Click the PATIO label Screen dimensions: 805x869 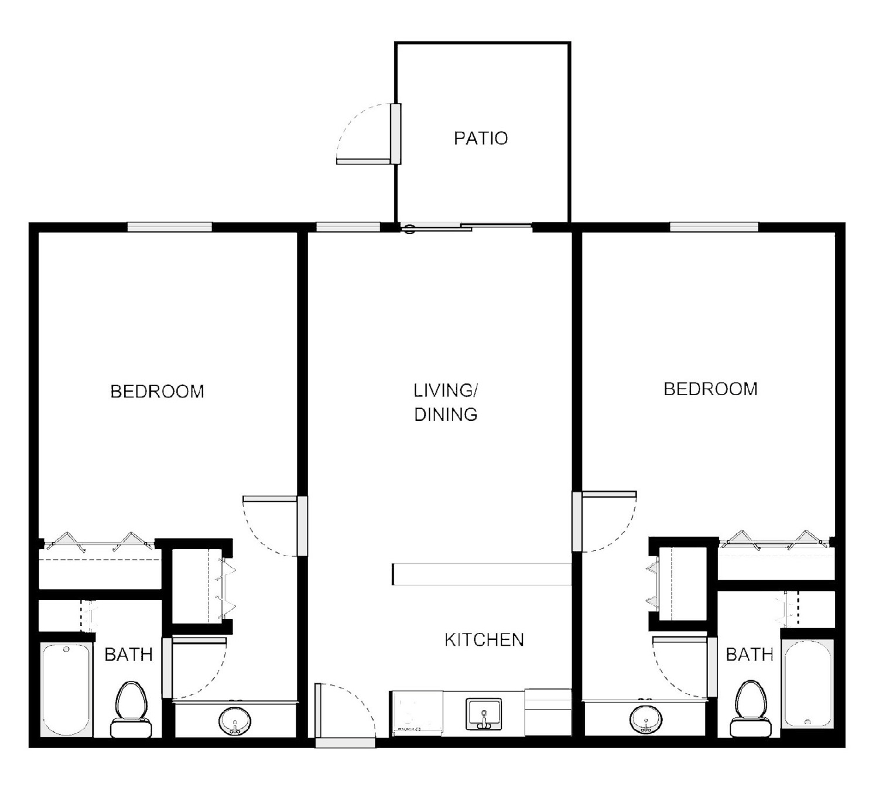tap(480, 138)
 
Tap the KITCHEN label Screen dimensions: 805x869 tap(484, 639)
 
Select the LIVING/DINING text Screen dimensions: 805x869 tap(446, 402)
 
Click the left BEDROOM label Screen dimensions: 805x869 tap(157, 391)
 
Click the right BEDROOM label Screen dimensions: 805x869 tap(710, 389)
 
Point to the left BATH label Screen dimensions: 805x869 tap(128, 654)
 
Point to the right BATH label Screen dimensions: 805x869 tap(749, 654)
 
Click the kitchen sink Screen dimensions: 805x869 tap(483, 714)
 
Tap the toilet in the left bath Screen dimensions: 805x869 tap(130, 708)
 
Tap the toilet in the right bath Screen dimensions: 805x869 tap(750, 708)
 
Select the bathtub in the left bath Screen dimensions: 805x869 tap(66, 689)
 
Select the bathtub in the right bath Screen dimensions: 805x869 tap(807, 683)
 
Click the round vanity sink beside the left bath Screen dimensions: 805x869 tap(235, 721)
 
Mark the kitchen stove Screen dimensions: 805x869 tap(416, 712)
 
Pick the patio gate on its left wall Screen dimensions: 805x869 tap(396, 133)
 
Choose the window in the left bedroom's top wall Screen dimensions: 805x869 tap(169, 227)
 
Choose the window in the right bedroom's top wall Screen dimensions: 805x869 tap(713, 227)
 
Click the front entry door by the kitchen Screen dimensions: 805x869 tap(345, 742)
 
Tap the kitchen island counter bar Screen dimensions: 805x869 tap(481, 574)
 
